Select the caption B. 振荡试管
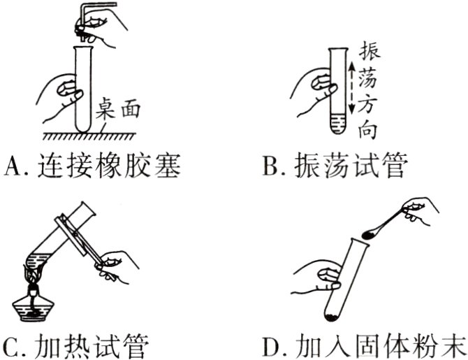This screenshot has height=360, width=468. [x=333, y=166]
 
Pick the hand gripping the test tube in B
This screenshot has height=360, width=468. [x=314, y=87]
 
